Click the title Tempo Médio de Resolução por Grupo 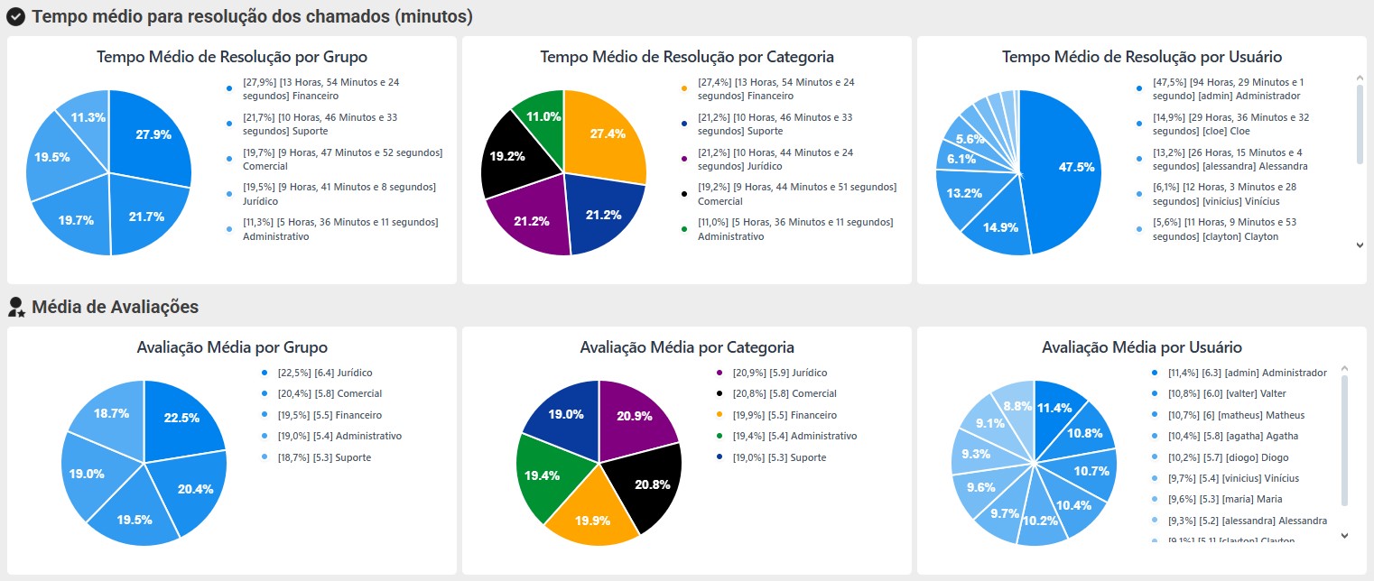232,57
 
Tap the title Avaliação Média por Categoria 687,347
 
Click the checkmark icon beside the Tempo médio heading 15,16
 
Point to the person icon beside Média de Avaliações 15,307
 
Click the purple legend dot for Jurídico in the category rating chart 719,373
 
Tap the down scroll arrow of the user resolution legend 1360,244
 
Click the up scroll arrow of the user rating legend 1344,369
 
